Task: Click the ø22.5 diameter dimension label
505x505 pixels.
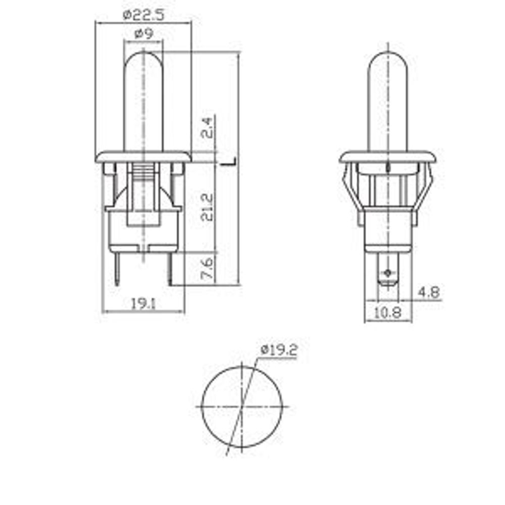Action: (x=143, y=15)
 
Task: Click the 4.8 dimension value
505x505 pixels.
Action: (x=429, y=292)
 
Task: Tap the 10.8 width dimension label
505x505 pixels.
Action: (x=387, y=313)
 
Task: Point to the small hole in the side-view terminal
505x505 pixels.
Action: (x=387, y=274)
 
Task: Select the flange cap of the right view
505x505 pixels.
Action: (x=387, y=157)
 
